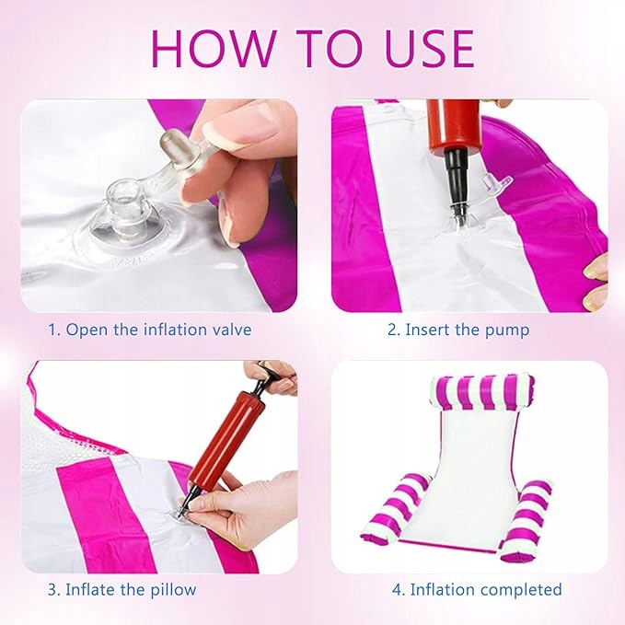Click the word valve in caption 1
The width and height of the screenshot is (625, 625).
[x=232, y=330]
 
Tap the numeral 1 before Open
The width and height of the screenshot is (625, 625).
[x=52, y=330]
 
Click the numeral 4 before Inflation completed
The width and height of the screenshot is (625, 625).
[x=397, y=589]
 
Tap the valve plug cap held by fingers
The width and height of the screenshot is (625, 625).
[x=171, y=143]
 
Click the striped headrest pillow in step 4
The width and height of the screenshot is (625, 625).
[x=482, y=392]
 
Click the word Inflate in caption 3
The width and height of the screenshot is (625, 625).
[x=90, y=589]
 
